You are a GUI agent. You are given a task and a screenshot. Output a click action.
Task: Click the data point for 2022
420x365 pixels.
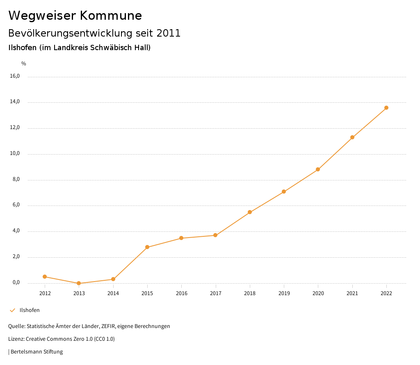(386, 108)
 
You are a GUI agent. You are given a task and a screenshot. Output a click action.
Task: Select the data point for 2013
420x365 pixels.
(79, 283)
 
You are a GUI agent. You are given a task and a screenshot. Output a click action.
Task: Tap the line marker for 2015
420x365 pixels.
(147, 247)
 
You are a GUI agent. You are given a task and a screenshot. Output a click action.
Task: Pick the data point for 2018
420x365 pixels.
(250, 212)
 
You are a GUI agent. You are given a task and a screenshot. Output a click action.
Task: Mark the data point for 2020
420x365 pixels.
(318, 169)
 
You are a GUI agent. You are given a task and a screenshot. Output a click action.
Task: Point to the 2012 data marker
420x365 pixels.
(45, 277)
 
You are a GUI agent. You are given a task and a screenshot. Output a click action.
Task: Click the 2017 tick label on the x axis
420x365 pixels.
(216, 293)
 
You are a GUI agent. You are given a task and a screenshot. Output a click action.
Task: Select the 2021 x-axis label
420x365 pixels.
(352, 293)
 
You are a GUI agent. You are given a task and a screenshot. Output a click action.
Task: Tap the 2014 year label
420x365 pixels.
(113, 293)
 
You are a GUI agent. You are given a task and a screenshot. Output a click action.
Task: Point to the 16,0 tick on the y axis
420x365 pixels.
(15, 76)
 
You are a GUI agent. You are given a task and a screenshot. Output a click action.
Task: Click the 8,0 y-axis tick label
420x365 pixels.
(16, 180)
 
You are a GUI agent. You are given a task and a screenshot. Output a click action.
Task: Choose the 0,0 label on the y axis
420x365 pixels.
(16, 283)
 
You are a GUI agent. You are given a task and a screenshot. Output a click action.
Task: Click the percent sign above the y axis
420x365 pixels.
(24, 64)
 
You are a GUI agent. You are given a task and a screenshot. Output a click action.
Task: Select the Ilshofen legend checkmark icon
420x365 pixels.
(12, 310)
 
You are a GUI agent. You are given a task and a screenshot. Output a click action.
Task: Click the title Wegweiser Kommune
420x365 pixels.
(75, 16)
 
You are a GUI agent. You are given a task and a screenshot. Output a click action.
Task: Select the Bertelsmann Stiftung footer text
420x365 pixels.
(37, 352)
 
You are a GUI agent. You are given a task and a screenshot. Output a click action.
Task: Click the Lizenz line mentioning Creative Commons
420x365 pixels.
(62, 339)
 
